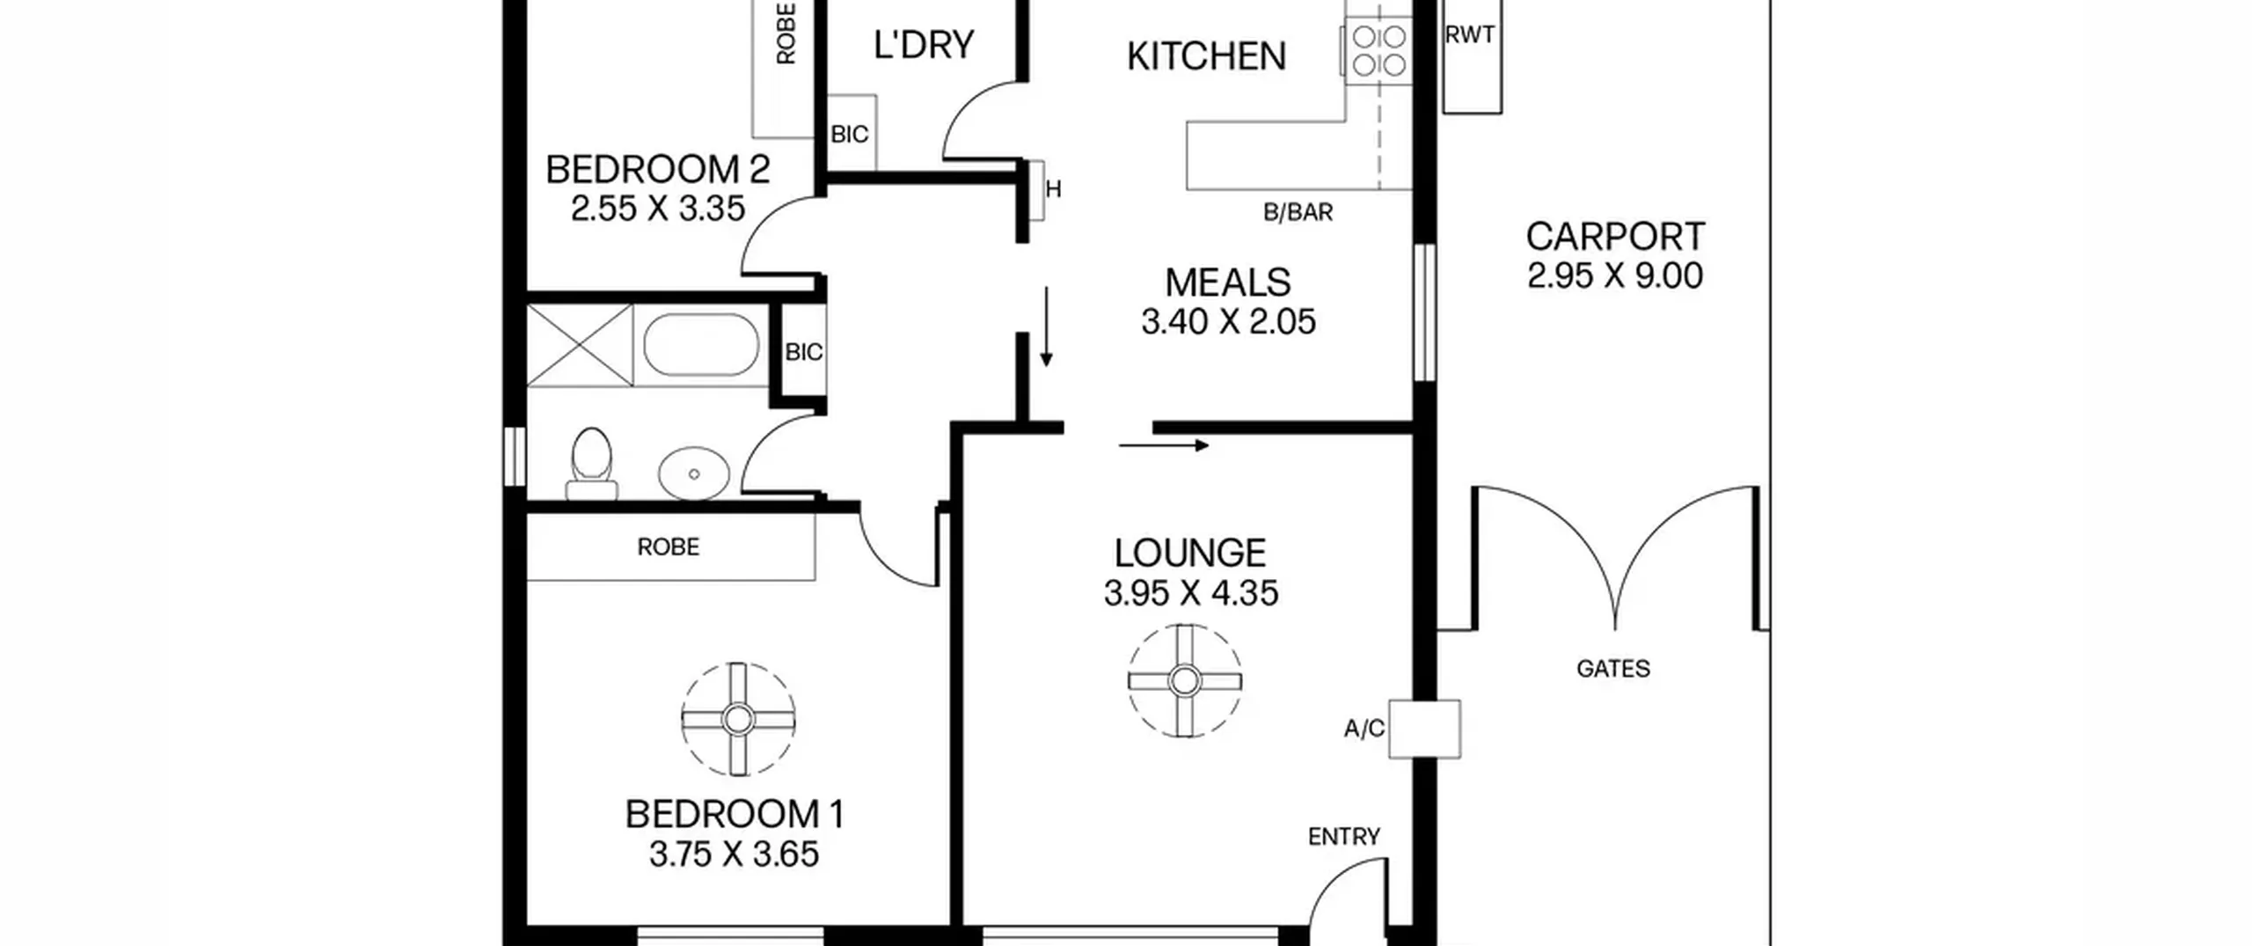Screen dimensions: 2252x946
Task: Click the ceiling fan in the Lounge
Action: pyautogui.click(x=1185, y=680)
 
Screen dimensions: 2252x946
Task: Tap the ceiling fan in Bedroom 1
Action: pyautogui.click(x=737, y=719)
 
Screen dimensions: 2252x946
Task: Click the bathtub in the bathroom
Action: pyautogui.click(x=701, y=345)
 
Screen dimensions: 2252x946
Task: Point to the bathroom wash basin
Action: pyautogui.click(x=694, y=473)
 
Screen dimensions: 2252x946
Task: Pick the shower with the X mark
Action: pyautogui.click(x=580, y=345)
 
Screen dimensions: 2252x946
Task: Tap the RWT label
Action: pyautogui.click(x=1470, y=35)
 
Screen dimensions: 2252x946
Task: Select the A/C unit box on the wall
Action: pyautogui.click(x=1424, y=729)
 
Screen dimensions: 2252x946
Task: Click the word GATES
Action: pyautogui.click(x=1613, y=669)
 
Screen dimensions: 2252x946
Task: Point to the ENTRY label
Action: pyautogui.click(x=1344, y=837)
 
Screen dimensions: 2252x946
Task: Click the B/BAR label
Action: pyautogui.click(x=1298, y=212)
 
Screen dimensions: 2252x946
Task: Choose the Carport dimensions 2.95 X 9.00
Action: pyautogui.click(x=1615, y=276)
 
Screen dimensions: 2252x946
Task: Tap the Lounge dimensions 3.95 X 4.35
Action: pyautogui.click(x=1191, y=593)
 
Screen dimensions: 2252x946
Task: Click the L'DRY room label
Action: pyautogui.click(x=924, y=45)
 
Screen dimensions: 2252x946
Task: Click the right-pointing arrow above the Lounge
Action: pyautogui.click(x=1164, y=446)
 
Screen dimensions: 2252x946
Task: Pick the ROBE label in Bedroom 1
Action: pyautogui.click(x=669, y=547)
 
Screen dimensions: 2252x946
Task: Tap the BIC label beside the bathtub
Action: pyautogui.click(x=804, y=353)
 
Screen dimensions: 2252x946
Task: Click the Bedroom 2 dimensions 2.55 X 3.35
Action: pyautogui.click(x=658, y=209)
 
